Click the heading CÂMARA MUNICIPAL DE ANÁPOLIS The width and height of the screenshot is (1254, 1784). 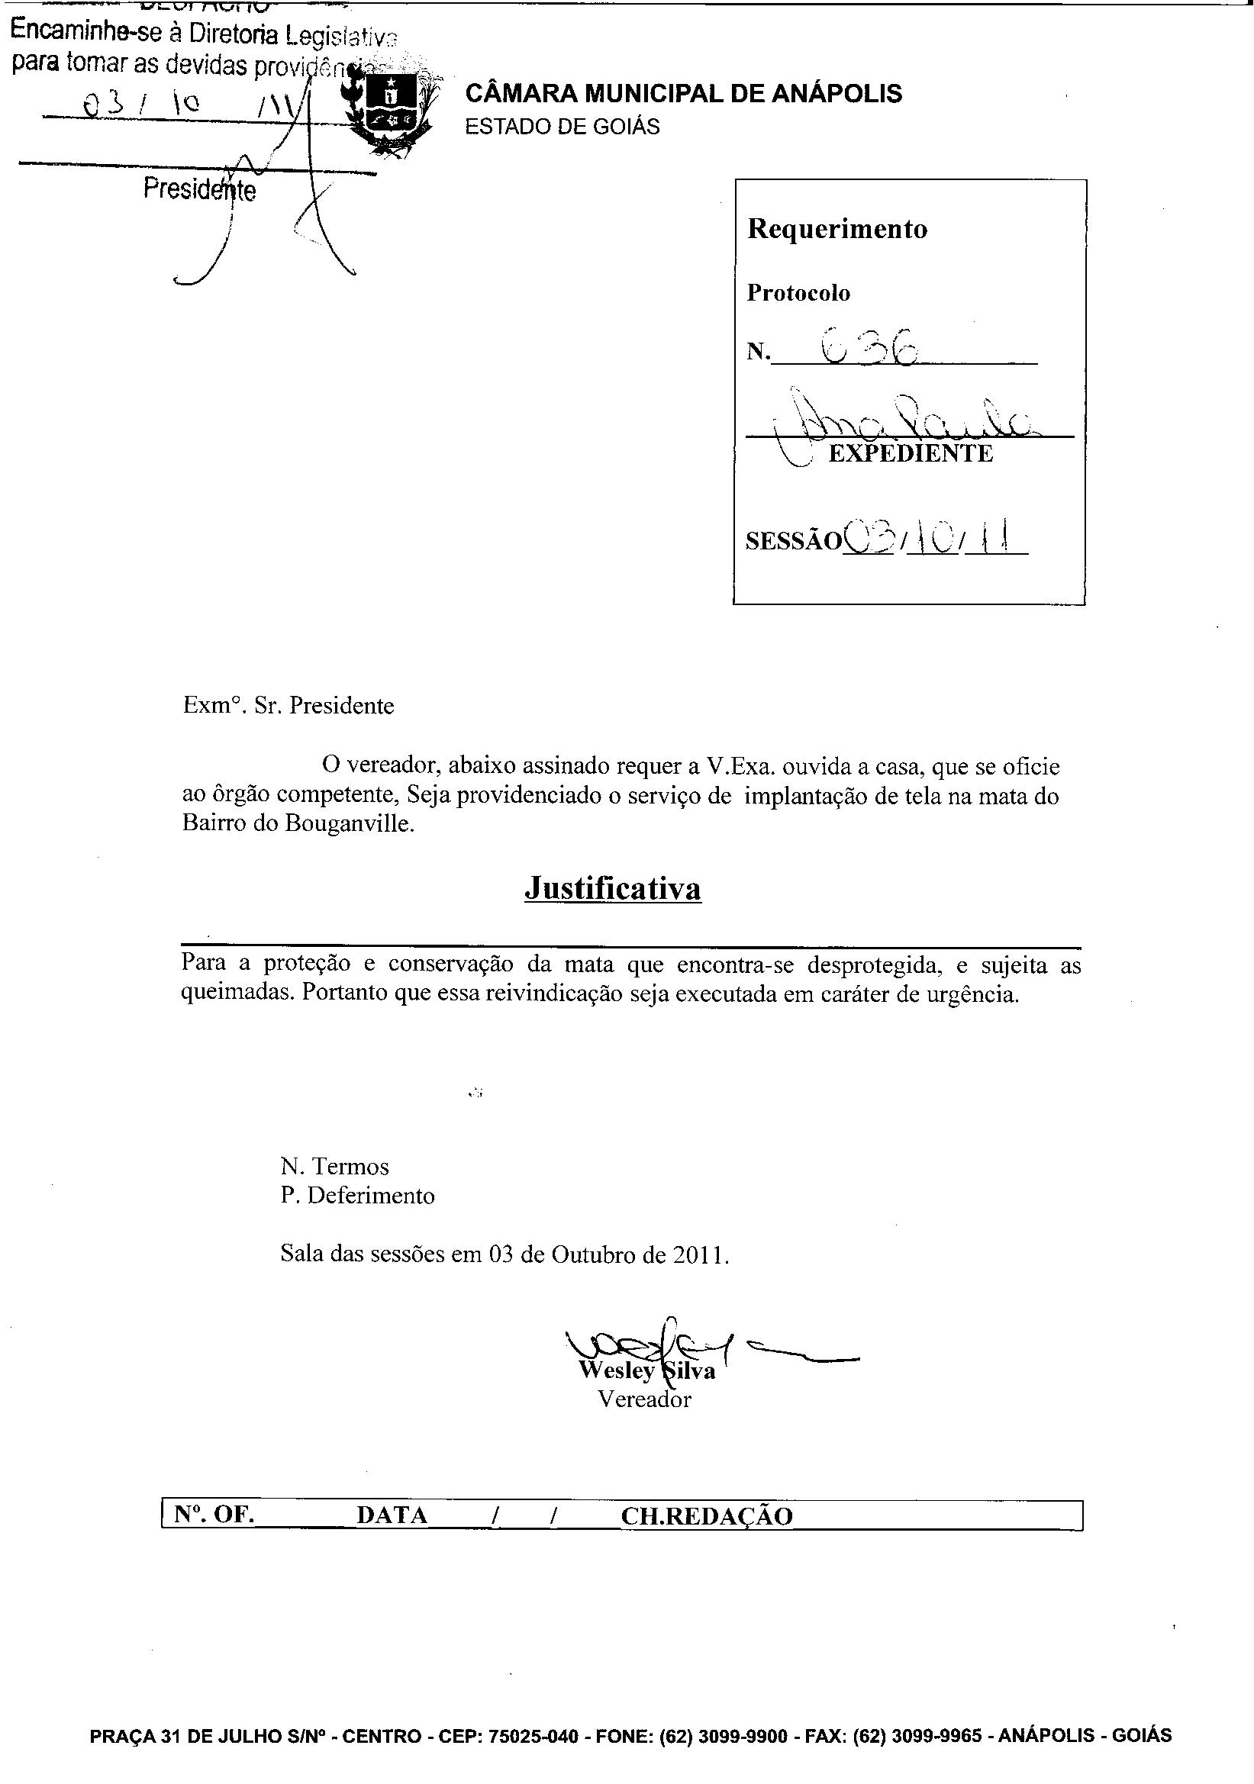[x=683, y=94]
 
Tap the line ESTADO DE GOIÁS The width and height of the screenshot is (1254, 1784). [x=562, y=127]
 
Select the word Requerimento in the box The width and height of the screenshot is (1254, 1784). [x=837, y=229]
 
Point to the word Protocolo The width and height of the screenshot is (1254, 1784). [x=798, y=293]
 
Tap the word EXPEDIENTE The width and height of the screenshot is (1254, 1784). [x=911, y=454]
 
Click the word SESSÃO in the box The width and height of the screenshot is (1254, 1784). [x=793, y=542]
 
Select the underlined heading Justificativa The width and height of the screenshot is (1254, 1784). [x=613, y=888]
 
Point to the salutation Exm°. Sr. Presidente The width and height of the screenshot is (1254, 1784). [x=289, y=706]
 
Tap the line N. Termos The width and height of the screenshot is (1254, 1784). [x=334, y=1166]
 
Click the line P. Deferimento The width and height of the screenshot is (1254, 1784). [x=358, y=1195]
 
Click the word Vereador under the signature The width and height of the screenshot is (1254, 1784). [x=644, y=1399]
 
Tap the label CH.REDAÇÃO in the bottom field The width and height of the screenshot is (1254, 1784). [x=706, y=1516]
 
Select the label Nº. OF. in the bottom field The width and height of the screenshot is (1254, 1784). [x=215, y=1515]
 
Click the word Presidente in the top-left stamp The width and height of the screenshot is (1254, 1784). [x=200, y=189]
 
